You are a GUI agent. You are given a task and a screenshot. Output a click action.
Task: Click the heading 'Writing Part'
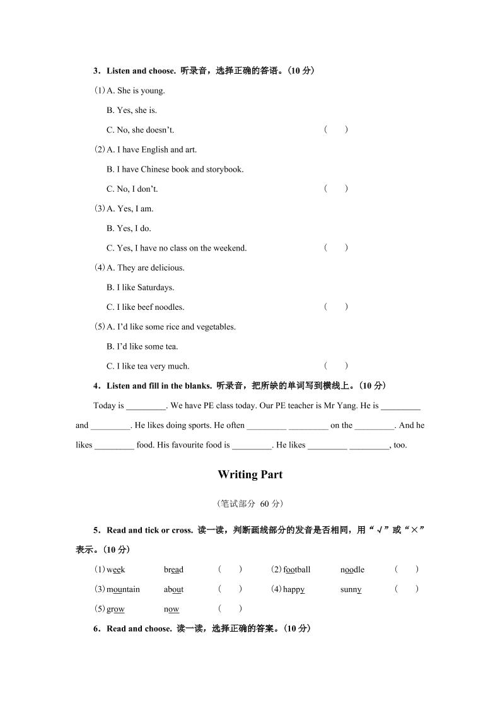point(250,475)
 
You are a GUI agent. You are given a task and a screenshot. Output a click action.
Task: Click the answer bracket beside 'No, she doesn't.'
point(336,130)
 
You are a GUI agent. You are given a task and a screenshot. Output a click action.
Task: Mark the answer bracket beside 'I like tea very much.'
point(336,366)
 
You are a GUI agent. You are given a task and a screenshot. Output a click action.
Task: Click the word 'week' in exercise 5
point(115,570)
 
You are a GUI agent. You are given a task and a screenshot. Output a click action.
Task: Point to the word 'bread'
point(173,570)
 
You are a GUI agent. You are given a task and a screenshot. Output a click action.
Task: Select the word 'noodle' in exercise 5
point(352,570)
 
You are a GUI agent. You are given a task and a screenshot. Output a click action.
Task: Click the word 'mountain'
point(123,589)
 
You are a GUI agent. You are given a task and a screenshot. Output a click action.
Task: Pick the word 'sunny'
point(351,589)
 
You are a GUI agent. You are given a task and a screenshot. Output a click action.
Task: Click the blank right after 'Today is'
point(146,406)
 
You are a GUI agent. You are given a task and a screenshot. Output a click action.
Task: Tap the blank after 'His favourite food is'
point(252,445)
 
